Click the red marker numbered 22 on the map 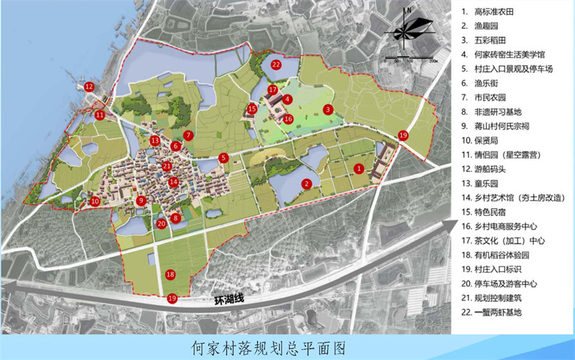(276, 64)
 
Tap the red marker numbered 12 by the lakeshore (89, 87)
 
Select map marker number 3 (327, 109)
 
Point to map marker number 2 (306, 184)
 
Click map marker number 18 (170, 274)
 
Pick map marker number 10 (95, 202)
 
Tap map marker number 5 (224, 158)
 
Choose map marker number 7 (188, 134)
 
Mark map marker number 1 (358, 167)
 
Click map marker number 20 (161, 223)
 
